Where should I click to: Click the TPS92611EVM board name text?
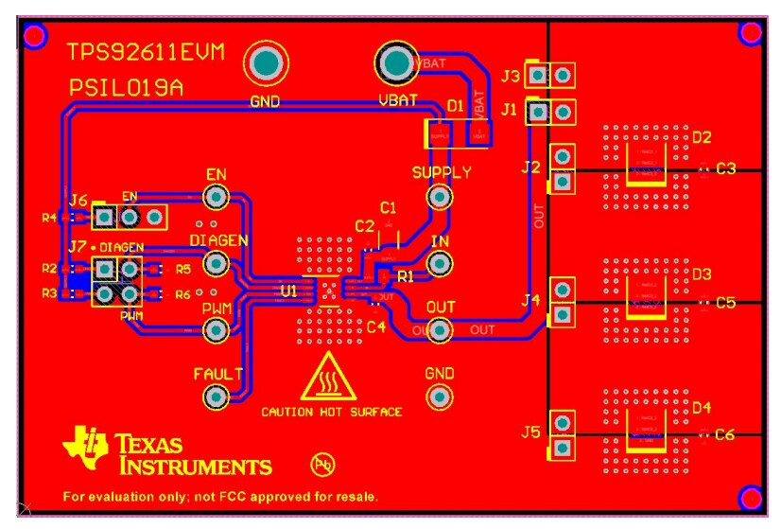(x=146, y=53)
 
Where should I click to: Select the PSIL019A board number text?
(x=126, y=88)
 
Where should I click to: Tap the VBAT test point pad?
(x=397, y=63)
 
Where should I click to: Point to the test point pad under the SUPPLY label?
(x=439, y=197)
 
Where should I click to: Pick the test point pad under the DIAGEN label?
(x=217, y=263)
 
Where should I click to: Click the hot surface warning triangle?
(x=328, y=380)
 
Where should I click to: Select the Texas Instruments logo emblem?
(x=86, y=448)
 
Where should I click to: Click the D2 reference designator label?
(x=701, y=138)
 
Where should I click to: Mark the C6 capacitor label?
(x=725, y=435)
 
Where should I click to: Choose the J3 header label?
(x=511, y=76)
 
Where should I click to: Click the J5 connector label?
(x=530, y=432)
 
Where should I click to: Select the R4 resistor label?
(x=49, y=218)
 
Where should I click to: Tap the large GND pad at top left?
(x=266, y=63)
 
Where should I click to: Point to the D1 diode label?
(x=456, y=105)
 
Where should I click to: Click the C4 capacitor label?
(x=375, y=327)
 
